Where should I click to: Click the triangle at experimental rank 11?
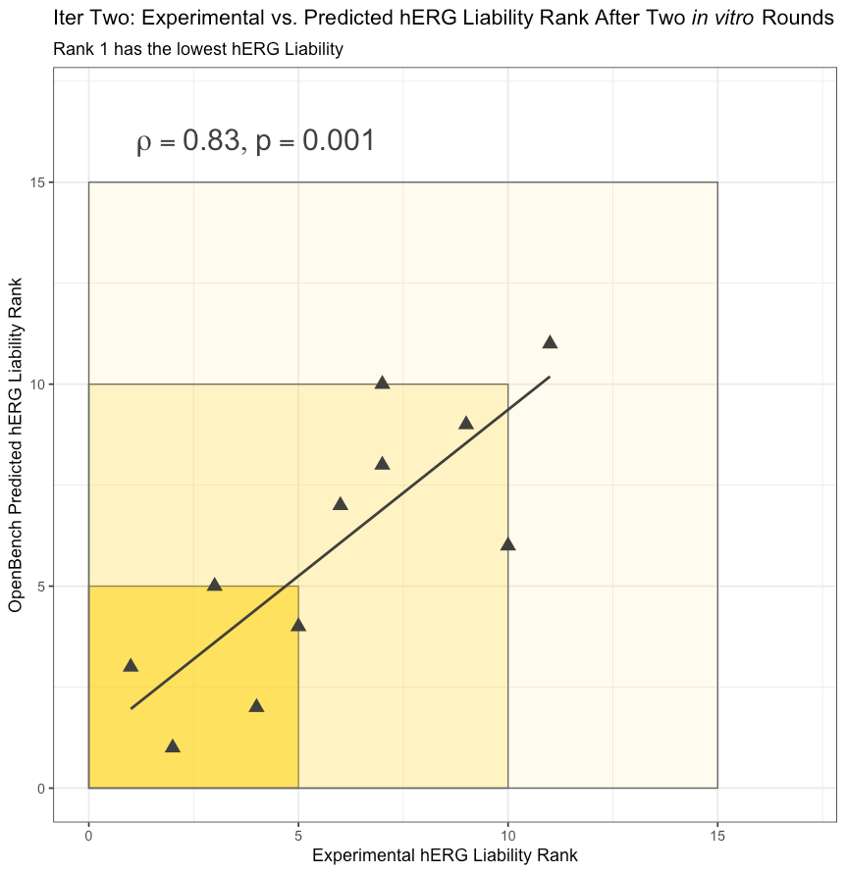550,342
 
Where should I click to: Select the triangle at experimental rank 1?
131,665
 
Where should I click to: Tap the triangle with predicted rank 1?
173,746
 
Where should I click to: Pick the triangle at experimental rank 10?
508,544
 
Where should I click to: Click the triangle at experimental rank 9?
466,423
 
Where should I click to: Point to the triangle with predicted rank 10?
382,383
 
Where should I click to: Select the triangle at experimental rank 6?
341,504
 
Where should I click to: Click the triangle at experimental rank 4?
256,706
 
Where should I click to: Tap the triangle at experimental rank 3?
214,585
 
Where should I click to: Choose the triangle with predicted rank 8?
382,463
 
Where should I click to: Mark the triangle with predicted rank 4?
298,625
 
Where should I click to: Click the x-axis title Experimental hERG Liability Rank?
445,855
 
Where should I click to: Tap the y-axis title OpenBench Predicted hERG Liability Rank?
16,445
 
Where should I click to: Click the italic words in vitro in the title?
722,18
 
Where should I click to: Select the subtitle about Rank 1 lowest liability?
198,49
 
